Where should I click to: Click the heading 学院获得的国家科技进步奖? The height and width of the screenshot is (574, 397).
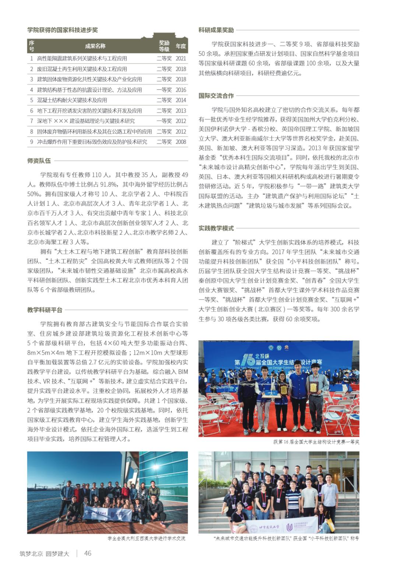click(63, 30)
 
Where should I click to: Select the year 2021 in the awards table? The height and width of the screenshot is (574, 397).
click(181, 59)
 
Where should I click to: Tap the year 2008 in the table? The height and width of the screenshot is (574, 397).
click(181, 142)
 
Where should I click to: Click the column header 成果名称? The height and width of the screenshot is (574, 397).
click(95, 46)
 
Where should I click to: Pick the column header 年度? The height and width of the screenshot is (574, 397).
click(181, 46)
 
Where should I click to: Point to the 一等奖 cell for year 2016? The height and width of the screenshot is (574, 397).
click(164, 90)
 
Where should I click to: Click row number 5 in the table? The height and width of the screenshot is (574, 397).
click(32, 100)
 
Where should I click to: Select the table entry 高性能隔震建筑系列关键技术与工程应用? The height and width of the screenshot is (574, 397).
click(82, 59)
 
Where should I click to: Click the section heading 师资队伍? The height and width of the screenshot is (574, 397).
click(39, 161)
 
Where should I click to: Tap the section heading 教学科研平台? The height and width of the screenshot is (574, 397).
click(45, 310)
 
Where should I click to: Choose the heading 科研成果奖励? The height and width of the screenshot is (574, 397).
click(216, 30)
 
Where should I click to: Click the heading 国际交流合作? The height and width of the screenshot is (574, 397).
click(216, 96)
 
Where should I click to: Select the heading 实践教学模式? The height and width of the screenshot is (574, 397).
click(216, 228)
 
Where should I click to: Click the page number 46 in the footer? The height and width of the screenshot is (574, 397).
click(88, 553)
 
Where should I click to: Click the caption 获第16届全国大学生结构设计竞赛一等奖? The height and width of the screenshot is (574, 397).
click(316, 442)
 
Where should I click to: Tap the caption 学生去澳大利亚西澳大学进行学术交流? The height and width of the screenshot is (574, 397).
click(146, 539)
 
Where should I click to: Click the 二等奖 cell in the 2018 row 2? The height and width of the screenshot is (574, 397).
click(164, 69)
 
